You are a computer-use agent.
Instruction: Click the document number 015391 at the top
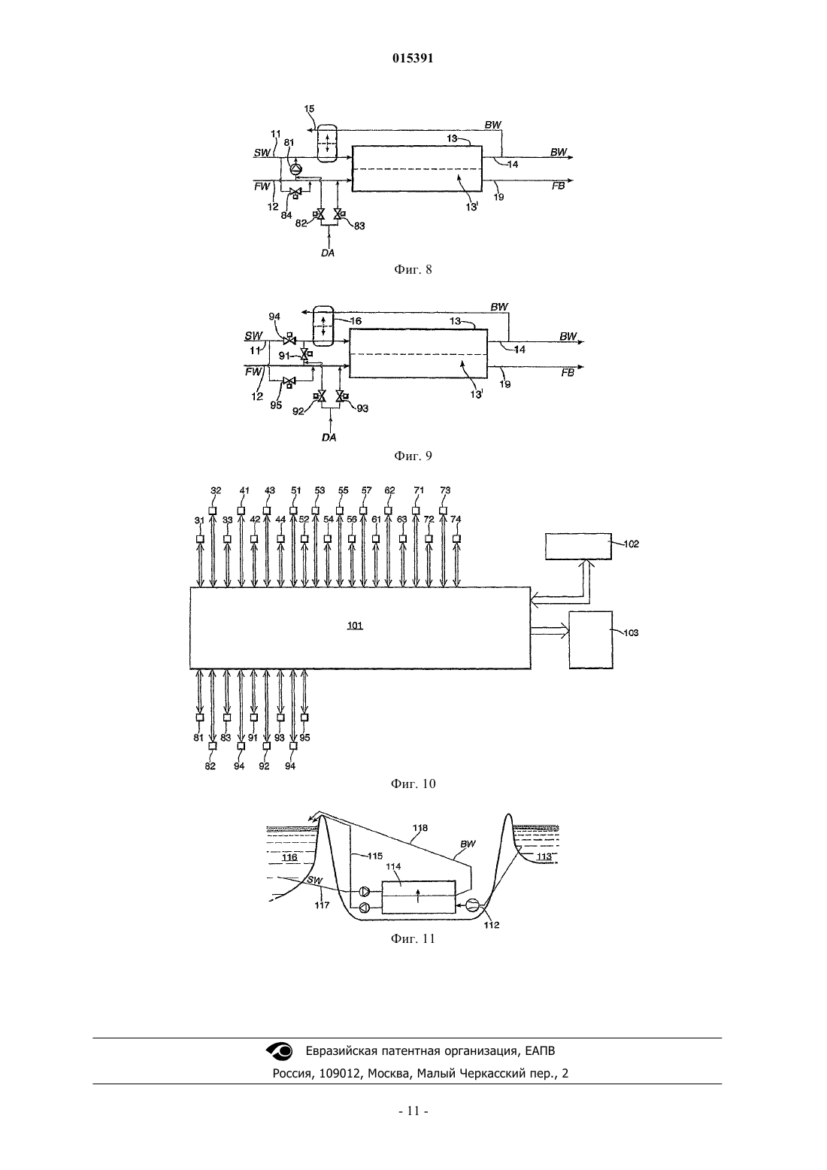413,58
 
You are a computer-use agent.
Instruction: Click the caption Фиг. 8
413,269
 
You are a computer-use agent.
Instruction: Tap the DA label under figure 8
328,253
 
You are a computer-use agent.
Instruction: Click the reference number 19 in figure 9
504,384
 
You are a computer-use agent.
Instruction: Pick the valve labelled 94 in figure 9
289,340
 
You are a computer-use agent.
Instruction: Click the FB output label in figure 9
568,372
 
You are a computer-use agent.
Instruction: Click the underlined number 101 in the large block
355,625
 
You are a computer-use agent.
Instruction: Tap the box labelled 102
578,547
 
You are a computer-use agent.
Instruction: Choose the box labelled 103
590,640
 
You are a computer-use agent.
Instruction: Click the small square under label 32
213,511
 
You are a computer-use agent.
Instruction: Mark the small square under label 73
444,511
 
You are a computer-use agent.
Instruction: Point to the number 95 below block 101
304,738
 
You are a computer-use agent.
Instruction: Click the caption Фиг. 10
413,784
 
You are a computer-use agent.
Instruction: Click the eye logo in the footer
280,1051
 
